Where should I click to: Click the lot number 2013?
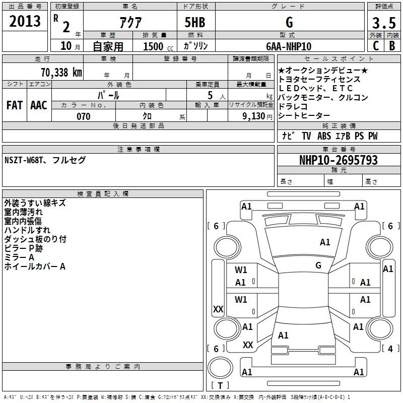[25, 22]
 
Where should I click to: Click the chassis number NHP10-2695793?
[338, 160]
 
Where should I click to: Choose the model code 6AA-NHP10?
[289, 46]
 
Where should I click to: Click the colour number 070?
[83, 116]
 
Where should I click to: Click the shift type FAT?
[14, 105]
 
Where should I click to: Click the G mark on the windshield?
[318, 265]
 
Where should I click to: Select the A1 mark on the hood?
[325, 242]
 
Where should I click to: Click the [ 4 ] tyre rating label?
[388, 348]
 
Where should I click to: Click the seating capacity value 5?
[209, 94]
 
